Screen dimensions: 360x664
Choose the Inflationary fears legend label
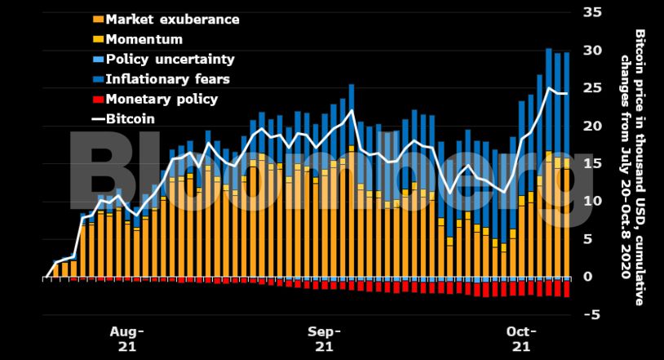pyautogui.click(x=167, y=79)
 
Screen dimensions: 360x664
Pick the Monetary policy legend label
pyautogui.click(x=162, y=99)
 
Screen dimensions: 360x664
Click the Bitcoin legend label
pyautogui.click(x=131, y=119)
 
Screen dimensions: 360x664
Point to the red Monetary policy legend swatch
pyautogui.click(x=99, y=100)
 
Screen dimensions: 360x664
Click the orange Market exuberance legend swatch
pyautogui.click(x=99, y=20)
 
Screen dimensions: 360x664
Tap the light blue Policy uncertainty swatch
pyautogui.click(x=99, y=60)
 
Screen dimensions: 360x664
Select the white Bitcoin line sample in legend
pyautogui.click(x=98, y=119)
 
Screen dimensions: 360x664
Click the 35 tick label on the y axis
pyautogui.click(x=592, y=12)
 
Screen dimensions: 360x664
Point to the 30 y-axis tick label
pyautogui.click(x=592, y=51)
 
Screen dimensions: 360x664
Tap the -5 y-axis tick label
pyautogui.click(x=593, y=315)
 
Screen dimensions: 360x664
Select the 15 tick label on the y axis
pyautogui.click(x=592, y=163)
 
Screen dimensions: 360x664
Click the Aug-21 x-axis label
pyautogui.click(x=126, y=339)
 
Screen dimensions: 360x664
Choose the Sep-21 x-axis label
pyautogui.click(x=324, y=339)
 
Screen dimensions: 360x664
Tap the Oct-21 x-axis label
pyautogui.click(x=521, y=339)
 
